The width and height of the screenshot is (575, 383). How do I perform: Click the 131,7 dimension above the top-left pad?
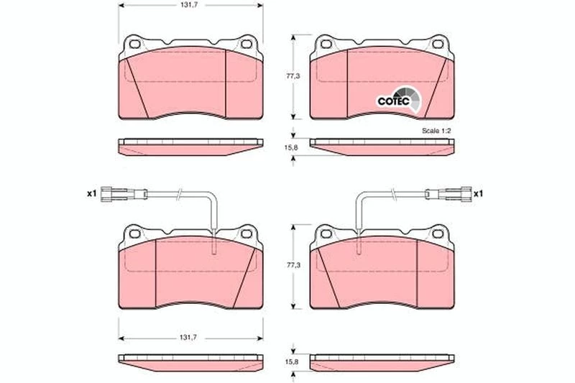pyautogui.click(x=187, y=5)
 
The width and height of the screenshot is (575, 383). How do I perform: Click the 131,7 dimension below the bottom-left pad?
pyautogui.click(x=188, y=338)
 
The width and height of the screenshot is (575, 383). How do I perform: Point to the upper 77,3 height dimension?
pyautogui.click(x=293, y=76)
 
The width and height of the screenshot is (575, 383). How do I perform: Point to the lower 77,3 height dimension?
pyautogui.click(x=293, y=265)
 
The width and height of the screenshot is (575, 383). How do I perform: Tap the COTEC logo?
pyautogui.click(x=400, y=99)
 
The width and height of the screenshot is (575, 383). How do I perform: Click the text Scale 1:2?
pyautogui.click(x=436, y=131)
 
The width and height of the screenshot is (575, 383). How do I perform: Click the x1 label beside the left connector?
pyautogui.click(x=91, y=193)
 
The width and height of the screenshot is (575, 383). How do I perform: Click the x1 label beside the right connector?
pyautogui.click(x=478, y=193)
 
